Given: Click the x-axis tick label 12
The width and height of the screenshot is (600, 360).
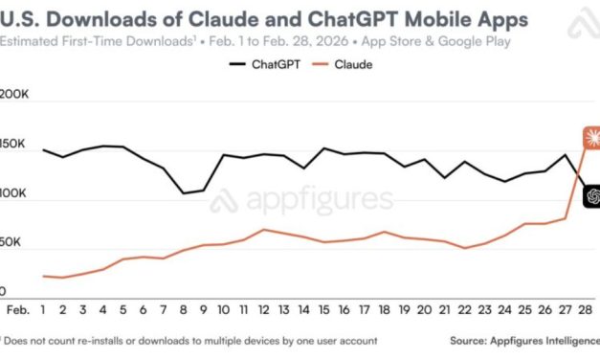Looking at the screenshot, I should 263,310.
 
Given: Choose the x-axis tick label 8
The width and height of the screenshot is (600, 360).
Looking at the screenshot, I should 184,310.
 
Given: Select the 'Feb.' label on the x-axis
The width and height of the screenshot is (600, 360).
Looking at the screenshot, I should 17,310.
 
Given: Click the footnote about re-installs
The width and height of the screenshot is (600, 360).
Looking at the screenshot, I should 191,340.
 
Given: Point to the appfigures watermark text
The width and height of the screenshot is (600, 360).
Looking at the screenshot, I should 316,200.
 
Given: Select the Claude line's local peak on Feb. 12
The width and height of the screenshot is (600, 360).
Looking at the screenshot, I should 263,230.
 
